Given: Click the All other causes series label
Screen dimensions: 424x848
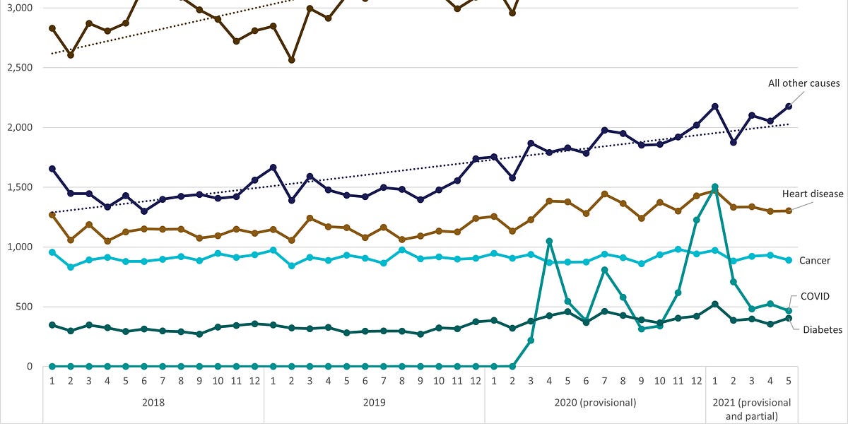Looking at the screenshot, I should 804,83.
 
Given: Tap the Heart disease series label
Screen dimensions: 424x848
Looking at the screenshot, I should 813,194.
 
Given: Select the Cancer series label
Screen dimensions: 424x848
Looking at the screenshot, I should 813,261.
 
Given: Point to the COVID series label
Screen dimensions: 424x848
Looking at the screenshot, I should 815,296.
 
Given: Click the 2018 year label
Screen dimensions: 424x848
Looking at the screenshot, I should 153,403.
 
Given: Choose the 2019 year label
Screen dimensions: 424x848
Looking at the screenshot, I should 374,403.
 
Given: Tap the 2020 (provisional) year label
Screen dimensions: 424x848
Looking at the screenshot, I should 594,403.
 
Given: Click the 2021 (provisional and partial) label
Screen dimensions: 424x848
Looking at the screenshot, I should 751,409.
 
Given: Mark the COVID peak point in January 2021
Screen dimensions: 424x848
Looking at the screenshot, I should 715,187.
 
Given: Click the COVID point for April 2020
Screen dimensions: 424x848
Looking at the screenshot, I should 550,241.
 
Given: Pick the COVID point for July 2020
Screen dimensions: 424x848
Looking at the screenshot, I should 605,269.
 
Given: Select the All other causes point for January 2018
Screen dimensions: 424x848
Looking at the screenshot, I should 52,169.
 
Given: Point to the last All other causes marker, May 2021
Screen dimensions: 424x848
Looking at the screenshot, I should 789,106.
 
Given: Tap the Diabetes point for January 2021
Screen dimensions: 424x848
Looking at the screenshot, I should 715,304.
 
